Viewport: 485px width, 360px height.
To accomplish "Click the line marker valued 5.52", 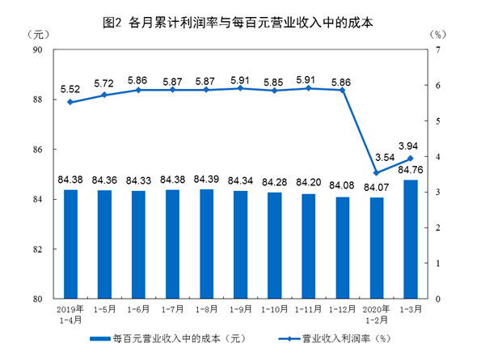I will click(70, 102).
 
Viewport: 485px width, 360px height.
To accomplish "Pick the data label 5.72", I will click(104, 83).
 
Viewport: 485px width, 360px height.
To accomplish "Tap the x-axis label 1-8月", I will click(206, 309).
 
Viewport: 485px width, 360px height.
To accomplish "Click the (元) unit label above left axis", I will click(37, 35).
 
